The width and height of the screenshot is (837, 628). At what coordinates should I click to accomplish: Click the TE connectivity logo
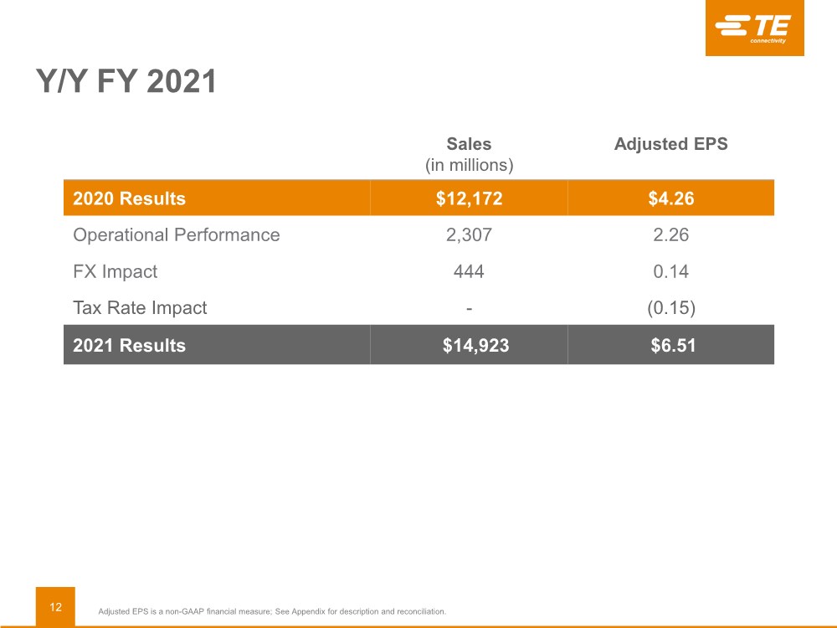point(754,28)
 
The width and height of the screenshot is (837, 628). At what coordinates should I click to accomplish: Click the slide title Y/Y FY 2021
point(126,81)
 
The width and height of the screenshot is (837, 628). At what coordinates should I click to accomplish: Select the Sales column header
point(469,144)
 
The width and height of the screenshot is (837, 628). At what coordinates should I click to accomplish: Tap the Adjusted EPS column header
point(671,144)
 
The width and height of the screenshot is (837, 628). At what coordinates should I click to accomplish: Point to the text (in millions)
point(470,165)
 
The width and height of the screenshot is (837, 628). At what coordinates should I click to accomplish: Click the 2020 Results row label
point(129,198)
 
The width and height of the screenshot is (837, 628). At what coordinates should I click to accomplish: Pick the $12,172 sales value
point(470,198)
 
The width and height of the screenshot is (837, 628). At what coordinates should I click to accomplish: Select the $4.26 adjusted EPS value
point(671,198)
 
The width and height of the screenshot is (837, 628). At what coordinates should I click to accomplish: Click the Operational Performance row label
point(176,235)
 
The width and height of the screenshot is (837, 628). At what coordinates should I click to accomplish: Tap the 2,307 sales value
point(470,235)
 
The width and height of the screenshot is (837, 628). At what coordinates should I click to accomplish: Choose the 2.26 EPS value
point(671,235)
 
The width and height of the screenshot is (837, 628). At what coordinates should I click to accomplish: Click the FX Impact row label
point(116,271)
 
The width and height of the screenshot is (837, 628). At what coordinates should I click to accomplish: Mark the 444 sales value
point(469,271)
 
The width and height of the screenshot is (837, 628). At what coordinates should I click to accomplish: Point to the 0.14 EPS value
point(671,271)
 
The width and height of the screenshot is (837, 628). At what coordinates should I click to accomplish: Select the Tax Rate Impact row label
point(140,307)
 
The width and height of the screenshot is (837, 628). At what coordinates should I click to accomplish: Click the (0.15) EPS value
point(671,308)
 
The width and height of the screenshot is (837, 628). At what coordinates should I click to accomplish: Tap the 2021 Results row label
point(129,346)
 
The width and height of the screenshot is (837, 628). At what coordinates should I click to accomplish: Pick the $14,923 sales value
point(475,346)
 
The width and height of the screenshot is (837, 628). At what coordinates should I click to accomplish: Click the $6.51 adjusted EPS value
point(673,346)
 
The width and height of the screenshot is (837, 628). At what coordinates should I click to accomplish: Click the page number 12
point(55,607)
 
